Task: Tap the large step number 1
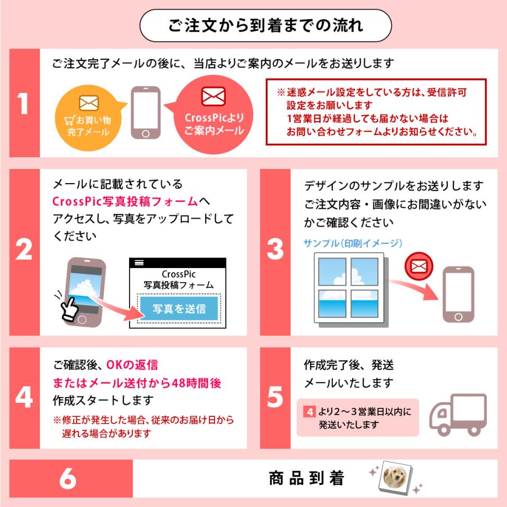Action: pyautogui.click(x=24, y=104)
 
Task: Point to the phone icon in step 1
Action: pyautogui.click(x=146, y=113)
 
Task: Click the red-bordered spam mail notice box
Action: pyautogui.click(x=376, y=112)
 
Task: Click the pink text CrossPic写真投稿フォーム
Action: pyautogui.click(x=126, y=201)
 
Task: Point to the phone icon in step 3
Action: pyautogui.click(x=457, y=296)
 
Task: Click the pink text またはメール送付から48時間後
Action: pyautogui.click(x=137, y=383)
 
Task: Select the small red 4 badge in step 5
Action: pyautogui.click(x=309, y=412)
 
